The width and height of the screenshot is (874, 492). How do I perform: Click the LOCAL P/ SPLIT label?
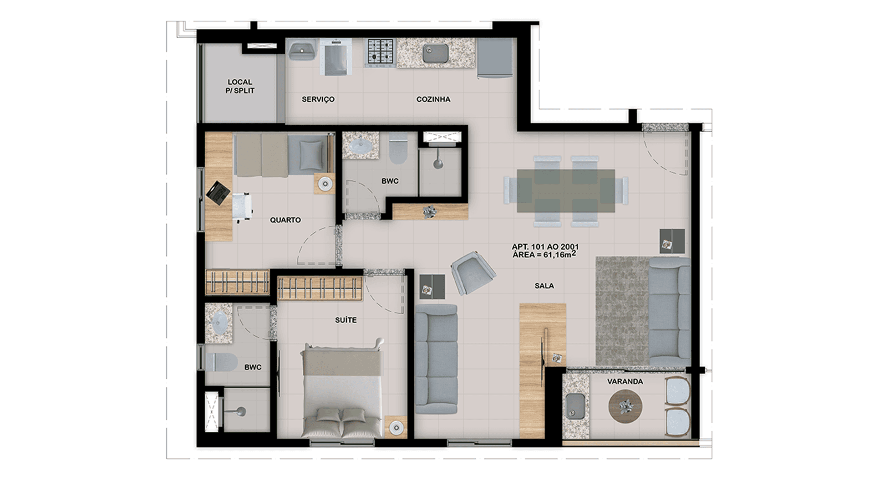240,86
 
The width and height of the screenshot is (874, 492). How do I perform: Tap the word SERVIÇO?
318,99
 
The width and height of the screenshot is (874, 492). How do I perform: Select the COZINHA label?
433,99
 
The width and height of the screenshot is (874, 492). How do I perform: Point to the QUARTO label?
285,220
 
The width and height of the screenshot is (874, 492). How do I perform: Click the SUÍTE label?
346,320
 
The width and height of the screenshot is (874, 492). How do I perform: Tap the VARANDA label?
625,381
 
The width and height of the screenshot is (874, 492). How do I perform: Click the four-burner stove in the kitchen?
381,53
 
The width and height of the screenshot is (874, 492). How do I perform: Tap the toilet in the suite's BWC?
221,363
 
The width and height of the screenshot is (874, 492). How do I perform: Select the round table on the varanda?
625,405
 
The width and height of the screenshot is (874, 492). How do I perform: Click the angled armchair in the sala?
473,272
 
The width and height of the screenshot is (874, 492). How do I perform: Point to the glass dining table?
566,191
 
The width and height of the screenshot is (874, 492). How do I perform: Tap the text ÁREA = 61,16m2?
544,255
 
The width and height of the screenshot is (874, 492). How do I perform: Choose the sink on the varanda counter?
576,405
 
